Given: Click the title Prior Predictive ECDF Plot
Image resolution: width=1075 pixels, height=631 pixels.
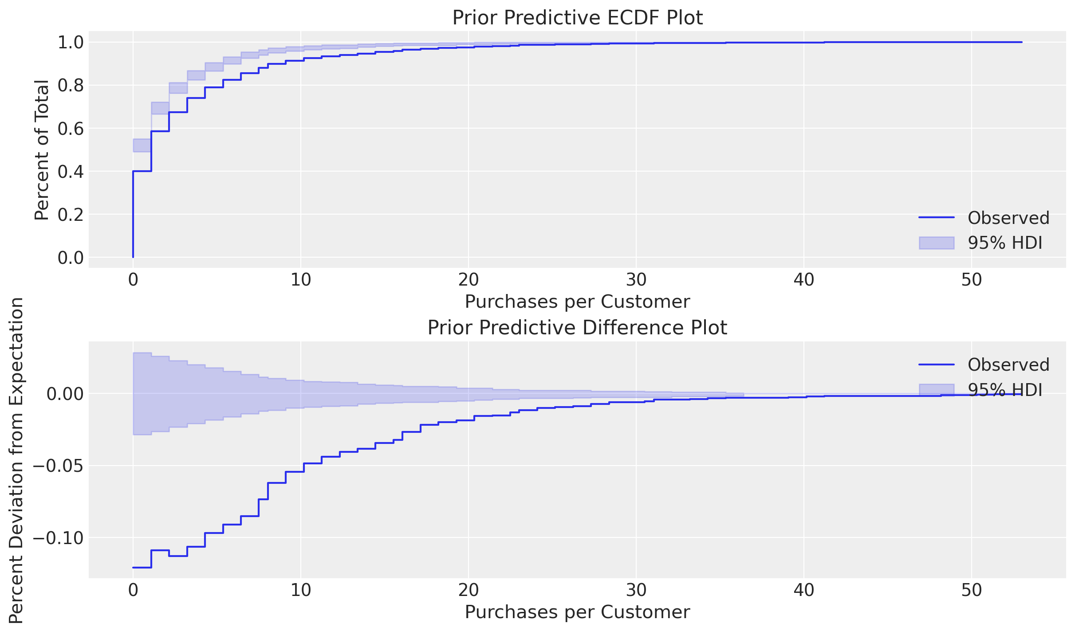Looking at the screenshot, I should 577,18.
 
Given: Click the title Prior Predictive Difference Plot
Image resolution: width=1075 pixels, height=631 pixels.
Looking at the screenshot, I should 577,328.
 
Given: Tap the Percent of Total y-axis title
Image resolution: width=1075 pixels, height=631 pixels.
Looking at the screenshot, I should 42,150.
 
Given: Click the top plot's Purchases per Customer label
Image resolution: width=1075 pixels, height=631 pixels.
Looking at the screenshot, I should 577,302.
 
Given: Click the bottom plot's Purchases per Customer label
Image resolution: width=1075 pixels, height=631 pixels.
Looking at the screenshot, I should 577,612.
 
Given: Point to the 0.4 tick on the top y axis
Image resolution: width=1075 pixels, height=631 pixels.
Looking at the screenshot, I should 71,172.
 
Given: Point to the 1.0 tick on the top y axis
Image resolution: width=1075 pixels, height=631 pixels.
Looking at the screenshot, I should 71,43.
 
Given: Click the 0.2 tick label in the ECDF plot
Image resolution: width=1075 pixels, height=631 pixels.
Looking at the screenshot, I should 71,215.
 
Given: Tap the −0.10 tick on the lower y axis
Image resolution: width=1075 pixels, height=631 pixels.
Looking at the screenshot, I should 58,538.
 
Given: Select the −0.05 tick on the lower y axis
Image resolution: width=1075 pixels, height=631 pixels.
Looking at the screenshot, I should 58,466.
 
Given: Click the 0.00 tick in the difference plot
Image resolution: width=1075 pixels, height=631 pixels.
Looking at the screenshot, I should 65,394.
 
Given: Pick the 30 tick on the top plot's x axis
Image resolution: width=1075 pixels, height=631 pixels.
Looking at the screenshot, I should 636,280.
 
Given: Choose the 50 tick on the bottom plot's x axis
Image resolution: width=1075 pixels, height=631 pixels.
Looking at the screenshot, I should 972,590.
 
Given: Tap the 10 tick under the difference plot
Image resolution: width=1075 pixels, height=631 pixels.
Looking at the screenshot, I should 301,590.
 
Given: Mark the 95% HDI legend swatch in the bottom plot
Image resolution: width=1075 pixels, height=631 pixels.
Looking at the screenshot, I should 937,389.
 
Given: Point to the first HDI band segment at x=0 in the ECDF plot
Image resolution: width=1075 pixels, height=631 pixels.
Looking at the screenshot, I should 142,145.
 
